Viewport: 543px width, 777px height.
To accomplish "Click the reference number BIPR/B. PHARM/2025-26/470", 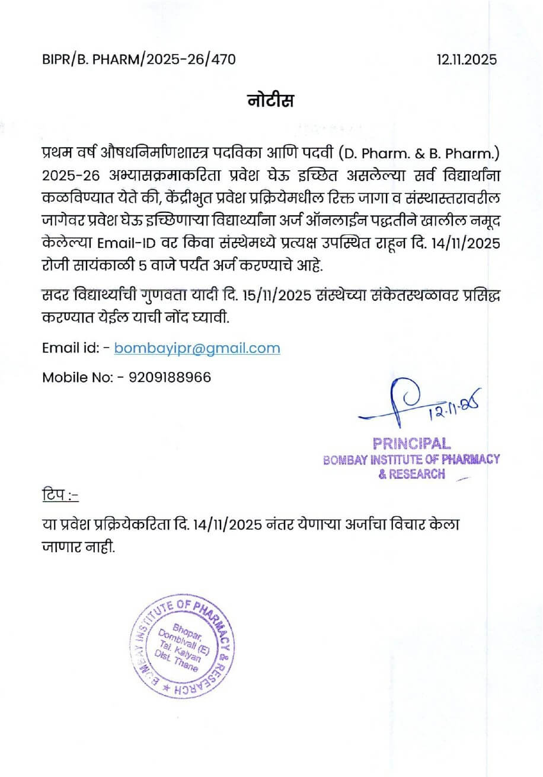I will [x=139, y=59].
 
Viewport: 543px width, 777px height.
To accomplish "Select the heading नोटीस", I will [x=270, y=101].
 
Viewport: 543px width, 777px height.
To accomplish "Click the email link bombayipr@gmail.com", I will [x=197, y=348].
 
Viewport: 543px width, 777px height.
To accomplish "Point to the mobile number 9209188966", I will [x=169, y=377].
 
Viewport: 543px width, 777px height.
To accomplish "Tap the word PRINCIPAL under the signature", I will [x=411, y=444].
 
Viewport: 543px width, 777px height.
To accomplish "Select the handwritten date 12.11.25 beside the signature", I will [x=453, y=406].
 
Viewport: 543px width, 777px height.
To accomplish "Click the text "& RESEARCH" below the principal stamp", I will [x=411, y=473].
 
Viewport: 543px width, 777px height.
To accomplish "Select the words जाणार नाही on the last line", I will [x=78, y=547].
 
